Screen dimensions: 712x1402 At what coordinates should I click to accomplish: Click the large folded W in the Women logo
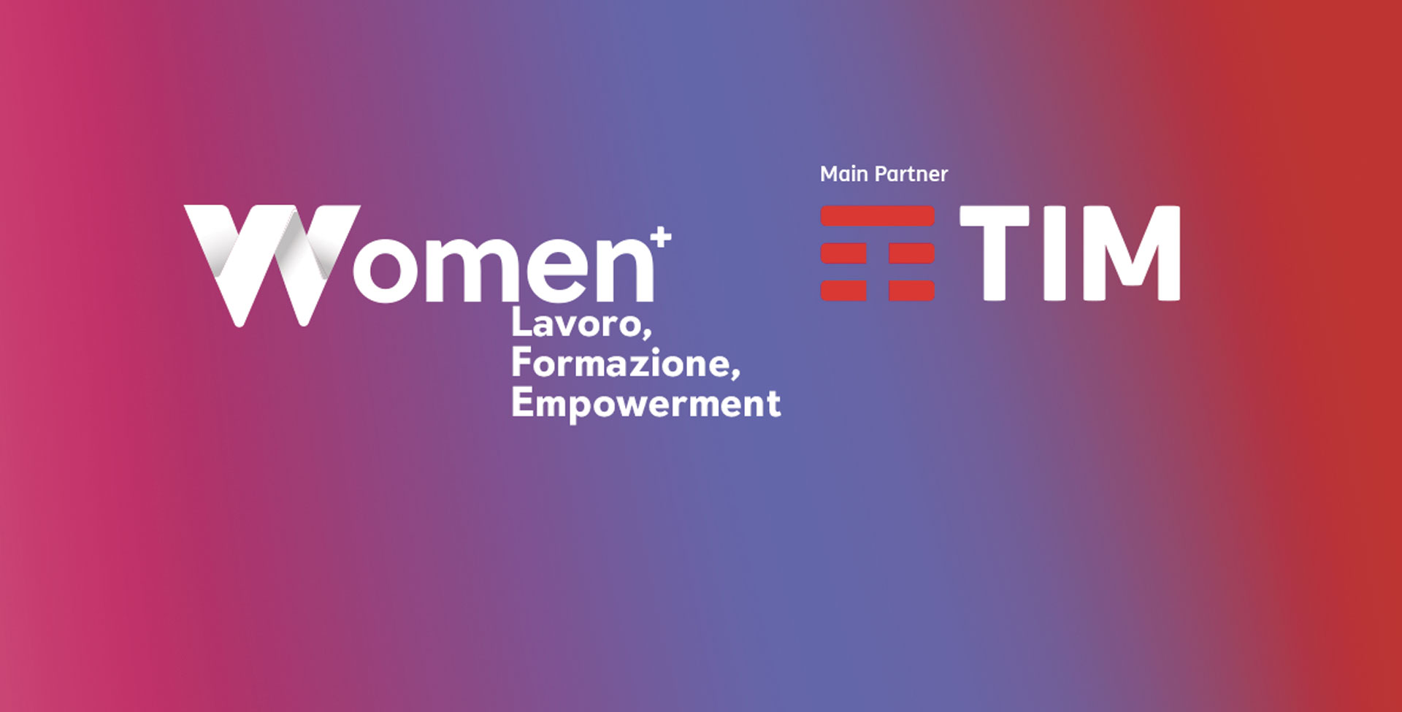[270, 263]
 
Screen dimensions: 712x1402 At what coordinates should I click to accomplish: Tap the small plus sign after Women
[661, 237]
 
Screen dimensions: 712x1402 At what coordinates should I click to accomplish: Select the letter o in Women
[386, 271]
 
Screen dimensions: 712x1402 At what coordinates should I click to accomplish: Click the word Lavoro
[576, 324]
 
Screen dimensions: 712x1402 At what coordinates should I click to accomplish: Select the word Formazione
[620, 363]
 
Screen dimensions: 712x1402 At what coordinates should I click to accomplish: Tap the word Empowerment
[646, 404]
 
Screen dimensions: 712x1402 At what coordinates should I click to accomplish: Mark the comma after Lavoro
[646, 334]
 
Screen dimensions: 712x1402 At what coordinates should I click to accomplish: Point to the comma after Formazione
[735, 375]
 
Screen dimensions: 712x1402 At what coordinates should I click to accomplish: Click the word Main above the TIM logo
[843, 175]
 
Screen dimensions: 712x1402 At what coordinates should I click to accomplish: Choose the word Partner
[911, 175]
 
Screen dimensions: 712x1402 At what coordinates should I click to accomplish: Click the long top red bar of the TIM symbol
[877, 216]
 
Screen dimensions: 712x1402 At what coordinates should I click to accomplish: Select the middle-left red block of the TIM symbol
[843, 253]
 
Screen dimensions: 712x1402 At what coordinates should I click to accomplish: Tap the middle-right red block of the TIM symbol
[911, 253]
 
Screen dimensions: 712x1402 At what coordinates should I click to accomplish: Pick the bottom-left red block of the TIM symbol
[843, 291]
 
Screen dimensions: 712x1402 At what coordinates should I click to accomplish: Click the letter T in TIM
[994, 253]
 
